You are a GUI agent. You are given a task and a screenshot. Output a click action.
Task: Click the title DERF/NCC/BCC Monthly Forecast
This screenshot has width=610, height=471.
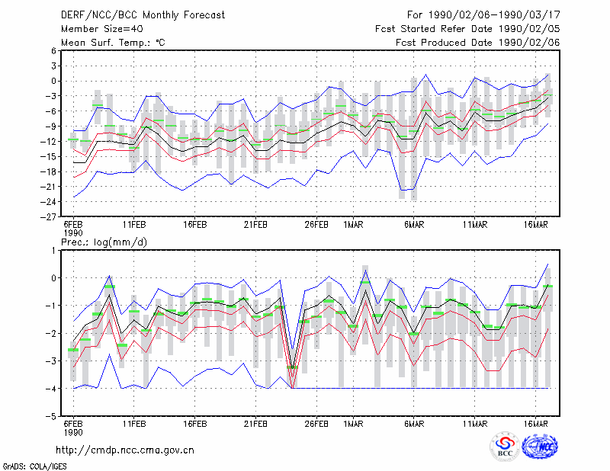143,15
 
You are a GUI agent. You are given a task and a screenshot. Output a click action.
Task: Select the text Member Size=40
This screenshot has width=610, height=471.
102,29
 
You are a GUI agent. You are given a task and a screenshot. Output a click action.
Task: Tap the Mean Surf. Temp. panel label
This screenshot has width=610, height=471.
113,43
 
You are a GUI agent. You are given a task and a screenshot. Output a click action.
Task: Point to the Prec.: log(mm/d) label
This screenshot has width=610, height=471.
104,242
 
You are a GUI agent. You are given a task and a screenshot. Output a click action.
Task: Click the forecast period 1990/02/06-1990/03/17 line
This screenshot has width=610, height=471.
483,15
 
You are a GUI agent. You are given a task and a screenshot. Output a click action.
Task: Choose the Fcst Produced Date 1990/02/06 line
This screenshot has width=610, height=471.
478,43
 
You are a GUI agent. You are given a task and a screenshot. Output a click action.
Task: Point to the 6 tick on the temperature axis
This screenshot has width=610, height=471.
53,51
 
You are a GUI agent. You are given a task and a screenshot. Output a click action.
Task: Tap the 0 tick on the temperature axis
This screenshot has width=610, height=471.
53,81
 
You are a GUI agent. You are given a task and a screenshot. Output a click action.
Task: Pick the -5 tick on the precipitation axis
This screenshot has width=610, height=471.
51,416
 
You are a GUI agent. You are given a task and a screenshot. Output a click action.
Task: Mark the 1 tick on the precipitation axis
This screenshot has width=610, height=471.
53,251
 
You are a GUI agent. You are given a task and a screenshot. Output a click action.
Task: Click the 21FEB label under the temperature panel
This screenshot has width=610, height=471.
255,225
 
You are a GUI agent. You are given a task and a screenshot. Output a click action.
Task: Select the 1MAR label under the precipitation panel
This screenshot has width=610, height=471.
353,424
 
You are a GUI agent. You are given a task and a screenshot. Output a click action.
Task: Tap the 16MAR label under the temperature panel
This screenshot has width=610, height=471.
536,225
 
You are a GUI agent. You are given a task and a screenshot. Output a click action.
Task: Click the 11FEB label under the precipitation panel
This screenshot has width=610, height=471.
134,424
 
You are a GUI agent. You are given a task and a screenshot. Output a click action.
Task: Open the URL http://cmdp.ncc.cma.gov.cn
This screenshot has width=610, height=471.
125,450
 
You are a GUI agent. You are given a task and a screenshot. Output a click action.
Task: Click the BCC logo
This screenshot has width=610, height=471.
505,447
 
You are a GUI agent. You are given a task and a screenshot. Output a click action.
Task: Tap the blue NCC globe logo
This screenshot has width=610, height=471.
540,447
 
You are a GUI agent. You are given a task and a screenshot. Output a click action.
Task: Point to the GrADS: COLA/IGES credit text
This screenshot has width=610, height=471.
34,466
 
